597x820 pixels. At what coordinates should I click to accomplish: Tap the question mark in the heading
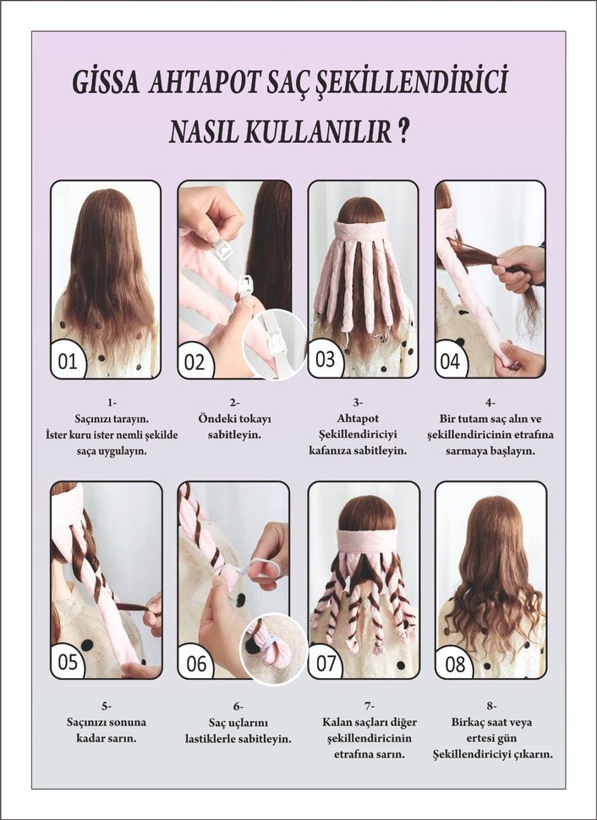coord(404,132)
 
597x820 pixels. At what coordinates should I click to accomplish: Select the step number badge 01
coord(68,361)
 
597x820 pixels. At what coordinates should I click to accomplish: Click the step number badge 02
coord(194,362)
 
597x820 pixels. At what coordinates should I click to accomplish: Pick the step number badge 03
coord(326,359)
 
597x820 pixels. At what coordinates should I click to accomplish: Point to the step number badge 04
coord(451,361)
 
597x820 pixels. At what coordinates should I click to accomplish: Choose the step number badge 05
coord(68,662)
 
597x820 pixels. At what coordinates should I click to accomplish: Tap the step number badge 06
coord(196,664)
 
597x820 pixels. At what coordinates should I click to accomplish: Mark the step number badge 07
coord(326,663)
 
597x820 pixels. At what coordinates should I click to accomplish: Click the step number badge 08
coord(454,664)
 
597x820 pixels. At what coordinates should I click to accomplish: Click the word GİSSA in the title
coord(108,84)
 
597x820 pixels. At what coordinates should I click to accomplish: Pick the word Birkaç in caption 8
coord(469,722)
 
